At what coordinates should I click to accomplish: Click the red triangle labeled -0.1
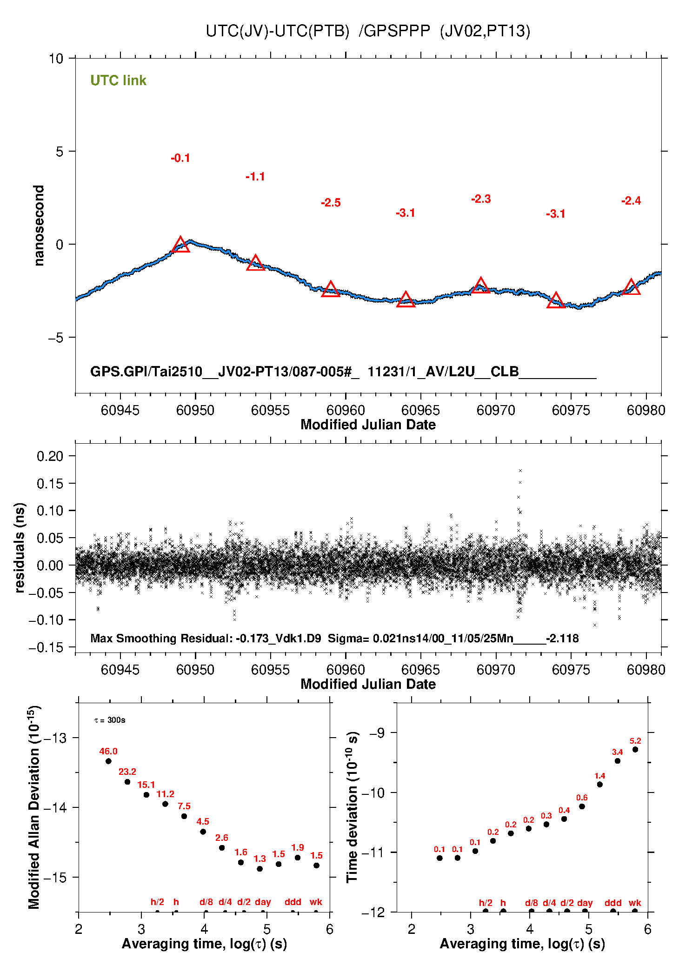click(180, 245)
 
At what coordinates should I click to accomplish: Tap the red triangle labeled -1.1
click(255, 264)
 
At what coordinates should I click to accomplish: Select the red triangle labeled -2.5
click(331, 290)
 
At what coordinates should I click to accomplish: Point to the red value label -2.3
click(481, 199)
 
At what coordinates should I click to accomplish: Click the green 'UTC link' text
click(118, 80)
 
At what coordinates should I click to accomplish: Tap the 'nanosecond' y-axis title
click(39, 226)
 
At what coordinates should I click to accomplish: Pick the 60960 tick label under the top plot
click(346, 410)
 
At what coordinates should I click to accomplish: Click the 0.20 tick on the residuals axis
click(50, 456)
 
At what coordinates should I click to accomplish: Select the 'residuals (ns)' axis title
click(20, 547)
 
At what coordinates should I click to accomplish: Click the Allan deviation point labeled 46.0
click(108, 761)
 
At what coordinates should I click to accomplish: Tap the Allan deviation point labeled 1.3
click(260, 869)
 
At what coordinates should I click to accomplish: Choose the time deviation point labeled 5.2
click(635, 750)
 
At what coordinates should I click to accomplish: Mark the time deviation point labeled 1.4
click(600, 785)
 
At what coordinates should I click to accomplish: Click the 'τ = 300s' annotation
click(110, 720)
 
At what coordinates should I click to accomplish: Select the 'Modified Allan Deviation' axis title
click(34, 807)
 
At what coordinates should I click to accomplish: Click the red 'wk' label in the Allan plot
click(316, 902)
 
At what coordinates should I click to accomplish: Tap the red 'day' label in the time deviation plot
click(585, 903)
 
